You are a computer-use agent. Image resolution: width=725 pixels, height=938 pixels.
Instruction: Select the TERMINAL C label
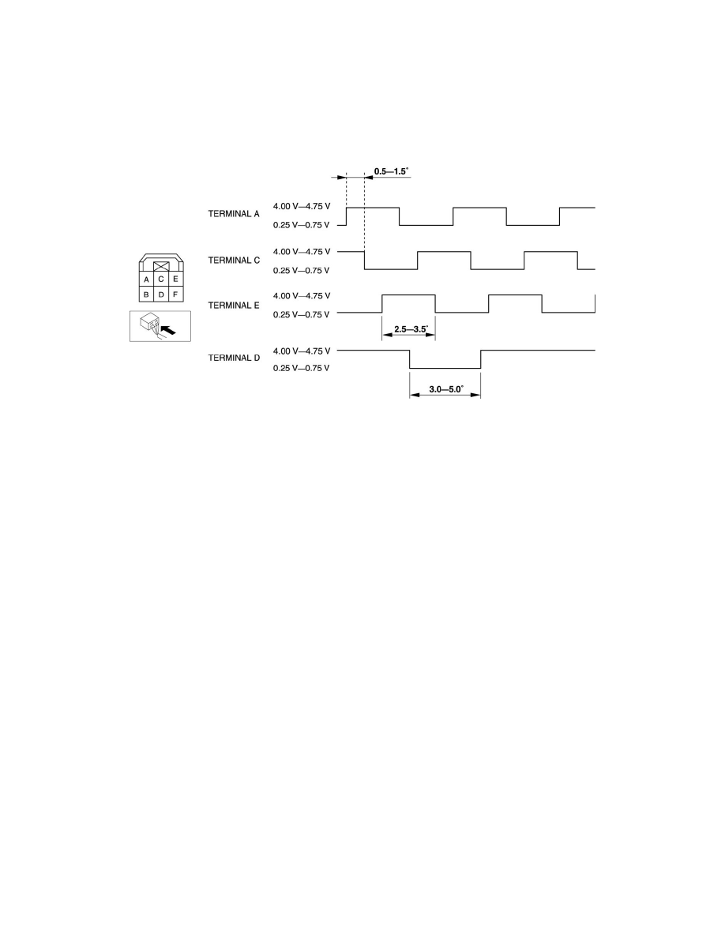(233, 260)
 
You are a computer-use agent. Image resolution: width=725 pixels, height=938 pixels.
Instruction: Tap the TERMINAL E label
(233, 304)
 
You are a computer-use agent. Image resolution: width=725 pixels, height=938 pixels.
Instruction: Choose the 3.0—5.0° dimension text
(445, 388)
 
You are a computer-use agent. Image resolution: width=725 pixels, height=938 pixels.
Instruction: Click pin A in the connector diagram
(146, 279)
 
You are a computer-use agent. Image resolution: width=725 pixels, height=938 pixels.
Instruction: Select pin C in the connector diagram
(161, 279)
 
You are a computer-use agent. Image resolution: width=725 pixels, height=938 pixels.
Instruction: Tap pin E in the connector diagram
(175, 279)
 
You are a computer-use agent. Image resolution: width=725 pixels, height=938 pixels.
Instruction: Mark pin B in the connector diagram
(146, 295)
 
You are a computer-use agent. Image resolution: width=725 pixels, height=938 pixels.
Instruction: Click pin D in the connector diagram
(161, 295)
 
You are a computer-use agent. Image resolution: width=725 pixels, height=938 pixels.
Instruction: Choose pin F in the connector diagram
(175, 295)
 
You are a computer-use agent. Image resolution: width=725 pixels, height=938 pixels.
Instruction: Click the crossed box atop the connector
(161, 266)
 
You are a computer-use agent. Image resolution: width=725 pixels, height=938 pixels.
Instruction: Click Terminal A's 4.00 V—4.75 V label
(301, 207)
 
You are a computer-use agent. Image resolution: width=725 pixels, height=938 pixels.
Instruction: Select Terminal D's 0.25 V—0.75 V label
(301, 368)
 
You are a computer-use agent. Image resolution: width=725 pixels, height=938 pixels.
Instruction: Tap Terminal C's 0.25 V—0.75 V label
(301, 270)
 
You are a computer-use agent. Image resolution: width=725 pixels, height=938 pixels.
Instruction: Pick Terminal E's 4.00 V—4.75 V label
(301, 295)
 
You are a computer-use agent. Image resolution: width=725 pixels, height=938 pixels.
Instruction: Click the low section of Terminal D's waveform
(445, 368)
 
